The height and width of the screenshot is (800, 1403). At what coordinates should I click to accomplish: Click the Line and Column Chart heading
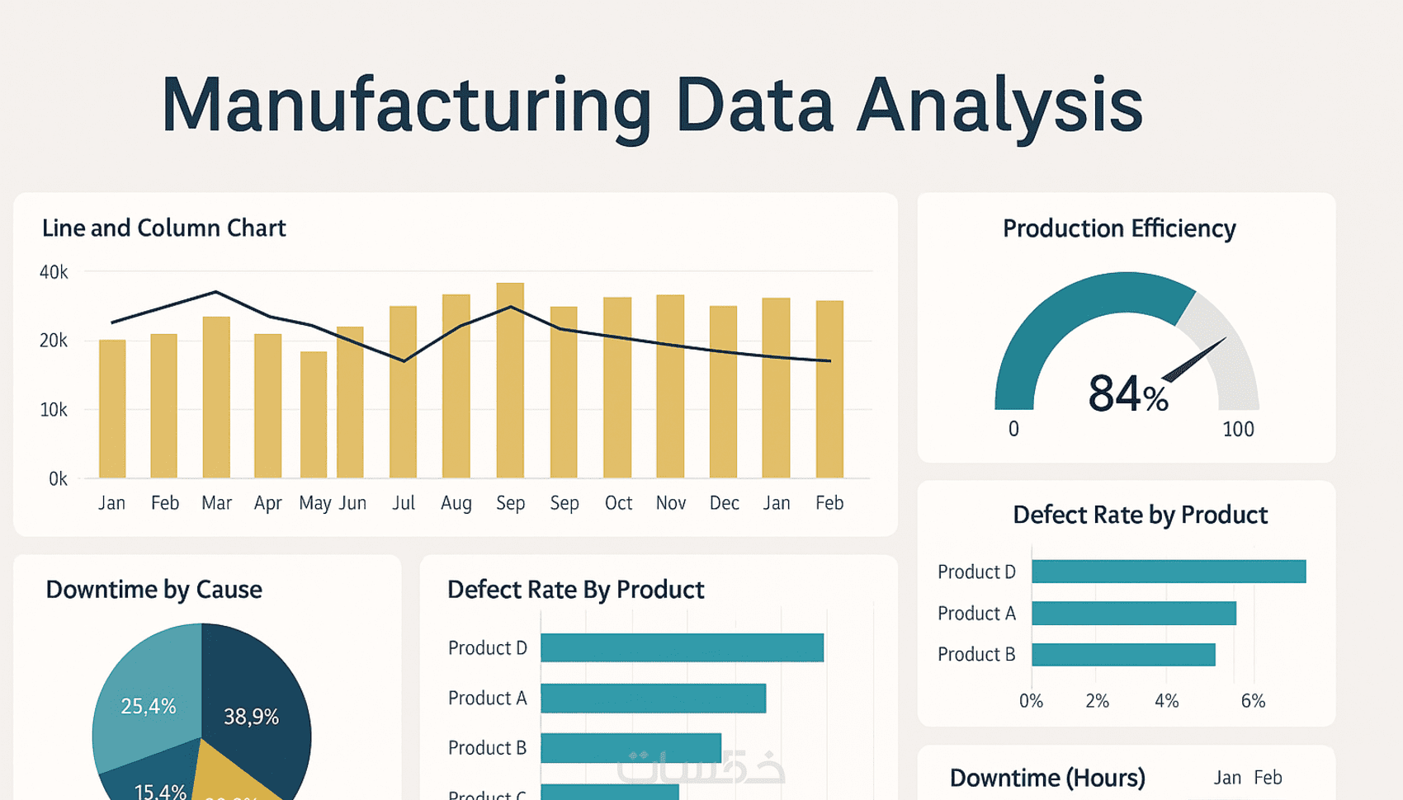click(163, 228)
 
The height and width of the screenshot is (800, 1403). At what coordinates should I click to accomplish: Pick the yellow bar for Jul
click(403, 393)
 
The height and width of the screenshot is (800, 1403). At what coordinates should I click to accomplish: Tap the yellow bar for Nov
click(670, 387)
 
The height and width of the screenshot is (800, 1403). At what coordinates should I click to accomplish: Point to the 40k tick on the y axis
click(54, 272)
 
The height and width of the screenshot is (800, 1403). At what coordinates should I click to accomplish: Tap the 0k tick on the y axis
click(57, 479)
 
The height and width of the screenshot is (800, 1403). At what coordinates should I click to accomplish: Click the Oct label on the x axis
click(618, 503)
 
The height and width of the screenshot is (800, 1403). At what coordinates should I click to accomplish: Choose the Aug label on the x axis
click(456, 503)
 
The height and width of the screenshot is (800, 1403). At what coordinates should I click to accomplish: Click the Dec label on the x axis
click(724, 503)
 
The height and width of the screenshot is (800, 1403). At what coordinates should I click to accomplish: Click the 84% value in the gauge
click(1127, 394)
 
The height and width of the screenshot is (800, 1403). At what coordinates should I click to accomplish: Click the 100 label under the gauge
click(1238, 430)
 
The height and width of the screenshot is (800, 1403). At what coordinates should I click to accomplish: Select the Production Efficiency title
click(1119, 228)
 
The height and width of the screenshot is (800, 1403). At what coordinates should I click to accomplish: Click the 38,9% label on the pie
click(251, 717)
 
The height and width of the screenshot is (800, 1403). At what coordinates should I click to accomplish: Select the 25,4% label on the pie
click(149, 706)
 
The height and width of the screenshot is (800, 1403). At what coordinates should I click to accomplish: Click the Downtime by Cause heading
click(154, 590)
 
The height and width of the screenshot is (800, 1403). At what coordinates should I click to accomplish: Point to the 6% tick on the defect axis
click(1253, 701)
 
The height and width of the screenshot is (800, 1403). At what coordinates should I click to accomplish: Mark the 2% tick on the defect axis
click(1097, 701)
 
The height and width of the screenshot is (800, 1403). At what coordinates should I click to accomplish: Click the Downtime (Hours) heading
click(1047, 778)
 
